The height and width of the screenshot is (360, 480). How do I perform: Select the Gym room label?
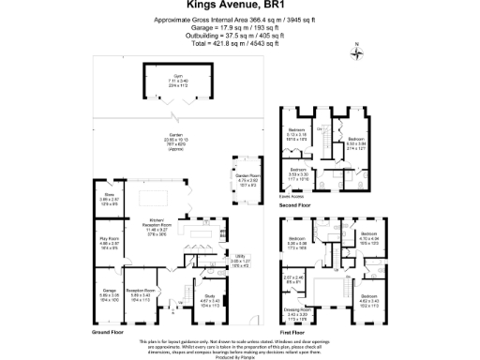coord(177,80)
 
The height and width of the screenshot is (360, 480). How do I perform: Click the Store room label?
coord(109,198)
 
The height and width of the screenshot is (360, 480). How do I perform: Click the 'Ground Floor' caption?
coord(109,330)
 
